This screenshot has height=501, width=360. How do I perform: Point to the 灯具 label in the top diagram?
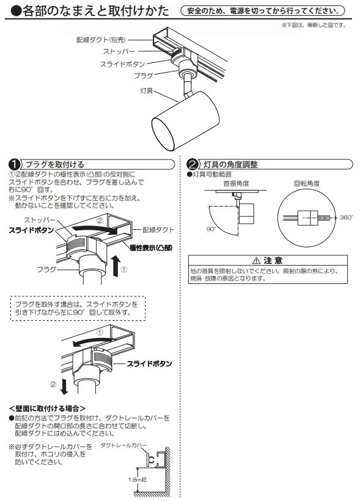146,91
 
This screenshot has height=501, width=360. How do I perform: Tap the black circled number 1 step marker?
13,164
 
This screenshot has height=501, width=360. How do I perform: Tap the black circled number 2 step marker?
193,164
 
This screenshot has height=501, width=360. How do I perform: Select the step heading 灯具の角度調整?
230,164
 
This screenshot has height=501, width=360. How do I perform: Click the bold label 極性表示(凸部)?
151,247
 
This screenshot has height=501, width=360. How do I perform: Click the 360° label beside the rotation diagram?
346,218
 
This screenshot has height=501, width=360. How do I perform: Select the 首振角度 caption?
237,183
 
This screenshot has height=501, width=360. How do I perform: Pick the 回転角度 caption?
307,183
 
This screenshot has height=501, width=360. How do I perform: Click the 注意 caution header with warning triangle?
267,260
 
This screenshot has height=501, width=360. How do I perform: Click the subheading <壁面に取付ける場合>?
47,408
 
